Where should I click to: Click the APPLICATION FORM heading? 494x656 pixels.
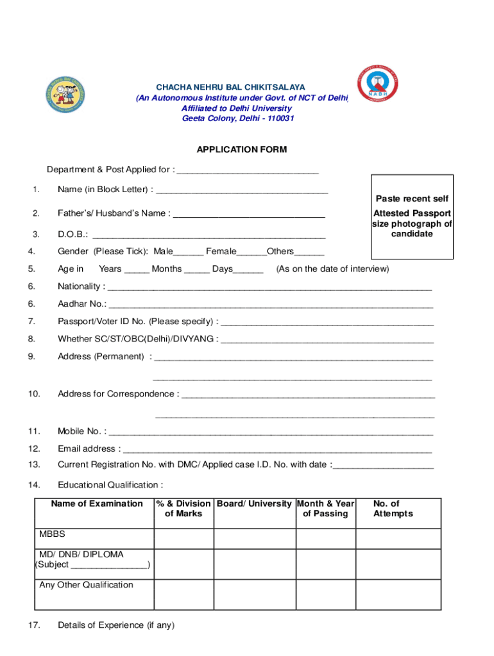click(241, 150)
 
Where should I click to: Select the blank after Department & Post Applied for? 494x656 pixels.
click(248, 170)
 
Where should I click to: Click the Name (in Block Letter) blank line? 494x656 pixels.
click(242, 190)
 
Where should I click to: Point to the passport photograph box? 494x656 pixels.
click(412, 217)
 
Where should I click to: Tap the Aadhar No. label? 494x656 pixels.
click(82, 304)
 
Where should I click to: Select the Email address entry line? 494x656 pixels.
click(277, 450)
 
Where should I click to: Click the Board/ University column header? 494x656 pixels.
click(254, 504)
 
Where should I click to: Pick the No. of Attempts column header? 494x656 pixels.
click(393, 509)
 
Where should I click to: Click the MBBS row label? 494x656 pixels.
click(52, 534)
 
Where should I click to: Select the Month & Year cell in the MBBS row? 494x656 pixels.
click(325, 539)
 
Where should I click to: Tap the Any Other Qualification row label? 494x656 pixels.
click(86, 585)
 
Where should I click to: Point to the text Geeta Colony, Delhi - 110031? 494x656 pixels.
click(238, 119)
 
